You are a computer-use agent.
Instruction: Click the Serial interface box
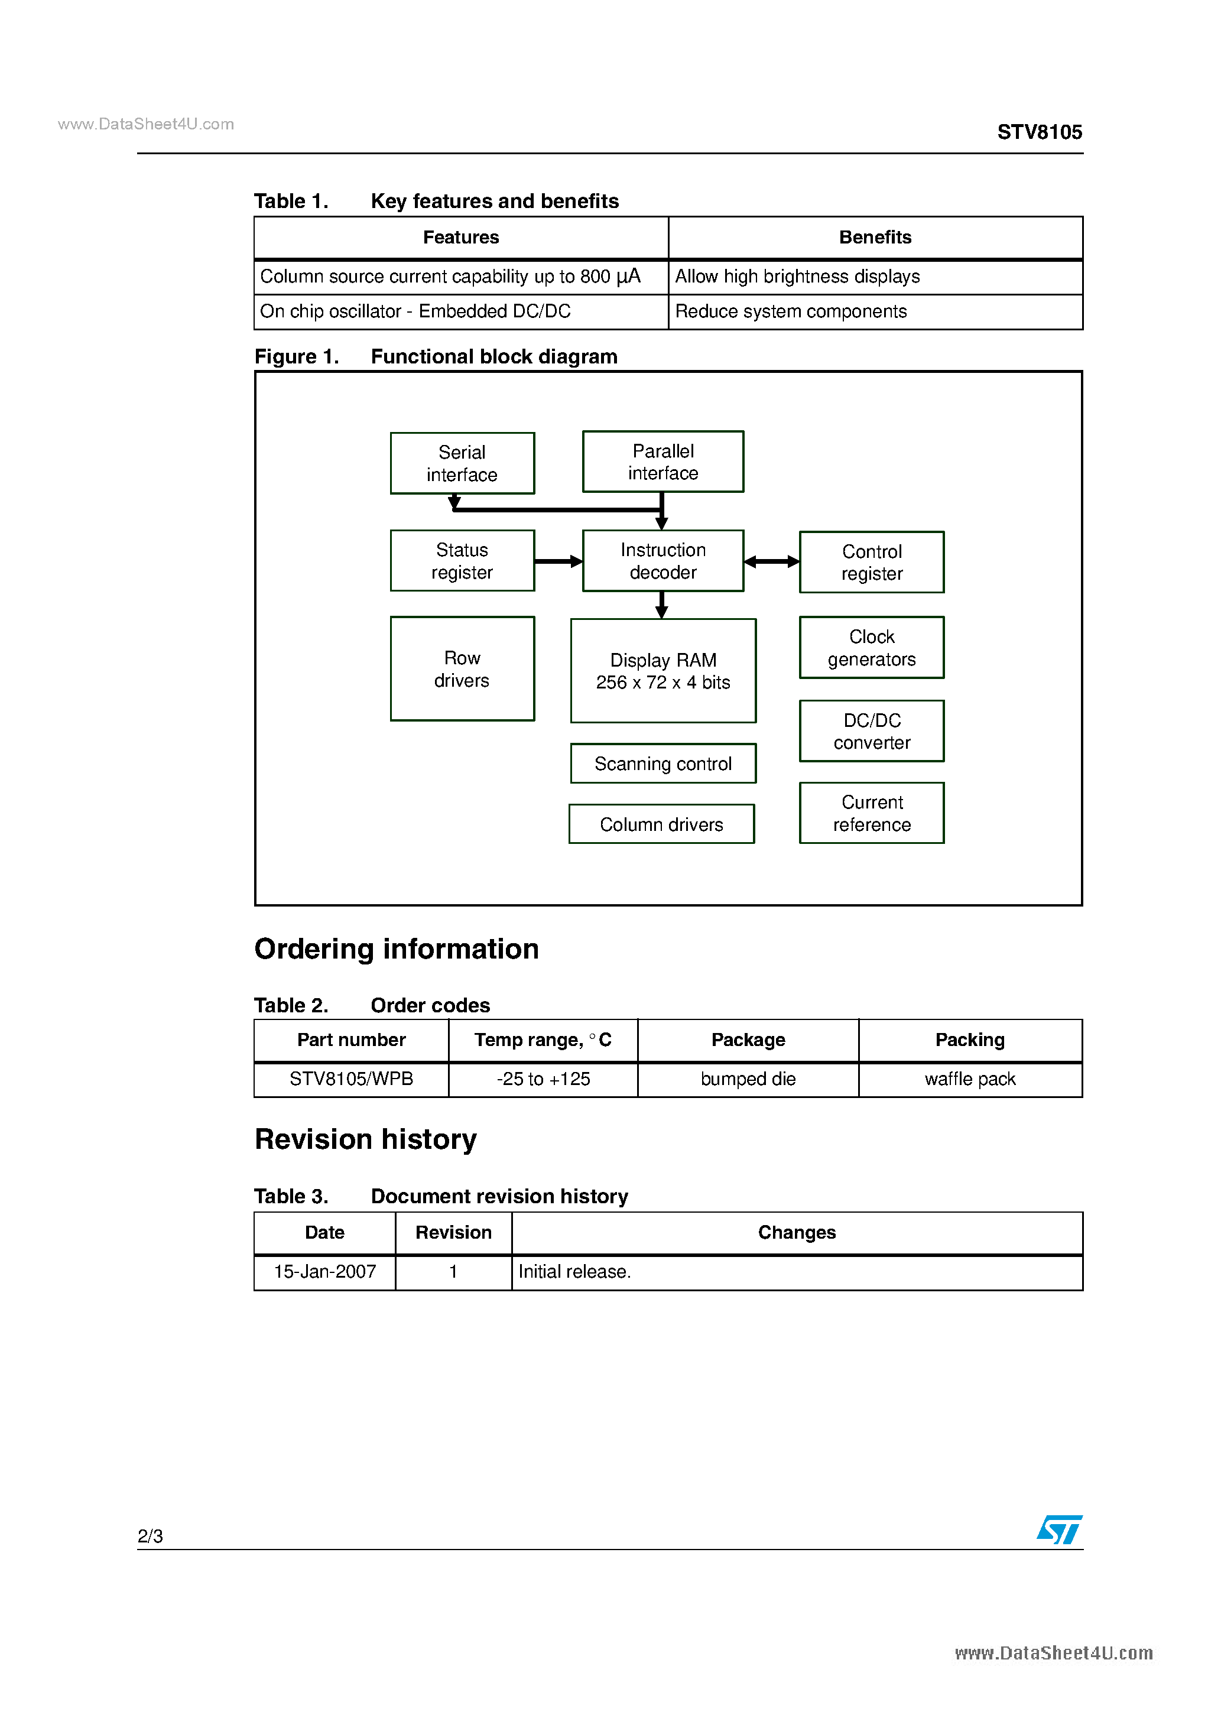[x=462, y=463]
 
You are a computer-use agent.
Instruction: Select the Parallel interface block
[x=663, y=462]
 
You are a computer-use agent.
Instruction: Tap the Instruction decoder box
[x=663, y=561]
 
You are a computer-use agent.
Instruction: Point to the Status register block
[x=462, y=561]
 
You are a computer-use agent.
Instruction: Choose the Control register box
[x=871, y=562]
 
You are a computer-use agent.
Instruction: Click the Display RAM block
[x=663, y=671]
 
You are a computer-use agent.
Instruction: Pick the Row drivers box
[x=462, y=668]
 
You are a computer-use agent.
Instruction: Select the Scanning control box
[x=663, y=763]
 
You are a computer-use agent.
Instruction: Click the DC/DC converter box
[x=871, y=731]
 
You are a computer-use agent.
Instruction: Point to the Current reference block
[x=871, y=813]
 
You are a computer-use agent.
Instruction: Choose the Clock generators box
[x=871, y=647]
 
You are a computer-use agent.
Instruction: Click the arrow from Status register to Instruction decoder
[x=558, y=561]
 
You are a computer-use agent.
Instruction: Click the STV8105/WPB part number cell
[x=351, y=1079]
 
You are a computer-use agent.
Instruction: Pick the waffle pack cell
[x=970, y=1079]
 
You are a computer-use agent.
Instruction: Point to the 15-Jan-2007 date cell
[x=324, y=1272]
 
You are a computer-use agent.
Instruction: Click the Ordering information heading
[x=396, y=949]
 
